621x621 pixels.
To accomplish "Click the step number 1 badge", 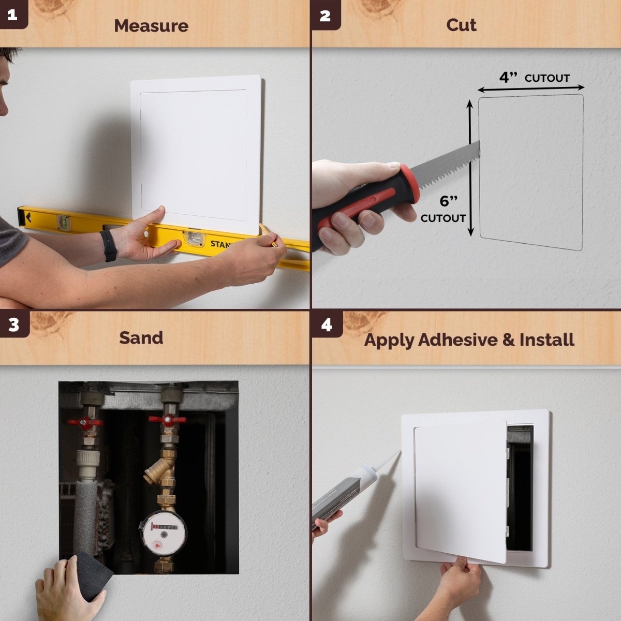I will (x=12, y=15).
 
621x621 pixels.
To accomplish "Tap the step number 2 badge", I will (x=325, y=15).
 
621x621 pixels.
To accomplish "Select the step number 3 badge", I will (x=13, y=324).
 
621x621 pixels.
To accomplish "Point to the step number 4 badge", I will (x=327, y=324).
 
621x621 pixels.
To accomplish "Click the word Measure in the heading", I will (x=151, y=26).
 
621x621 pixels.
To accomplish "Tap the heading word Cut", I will (x=461, y=25).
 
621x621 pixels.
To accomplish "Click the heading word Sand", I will (x=141, y=338).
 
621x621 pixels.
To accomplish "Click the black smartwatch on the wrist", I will (x=109, y=245).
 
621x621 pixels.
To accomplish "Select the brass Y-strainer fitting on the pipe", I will (x=158, y=472).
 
